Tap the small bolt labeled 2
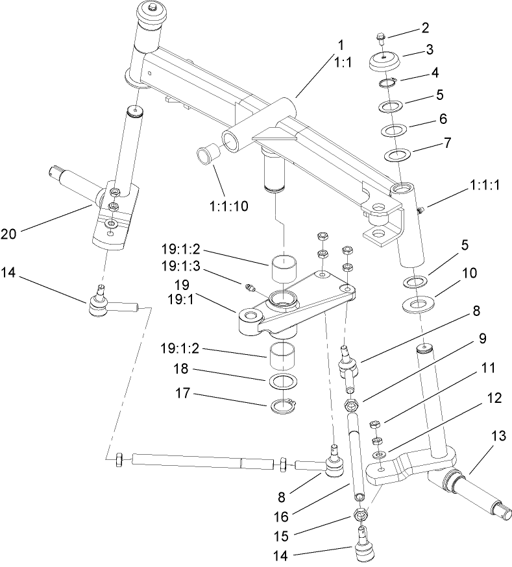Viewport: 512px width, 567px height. [383, 38]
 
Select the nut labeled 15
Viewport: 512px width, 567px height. [359, 515]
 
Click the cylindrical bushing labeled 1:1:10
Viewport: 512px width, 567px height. [209, 156]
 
